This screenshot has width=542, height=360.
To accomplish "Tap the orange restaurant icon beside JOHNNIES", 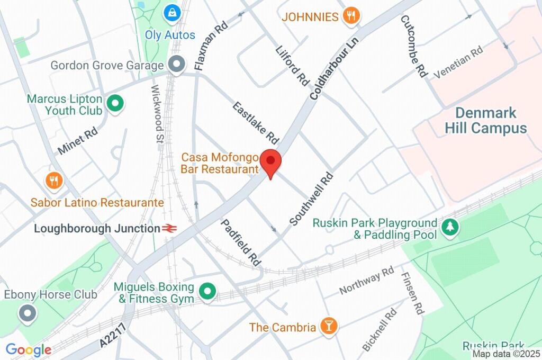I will [350, 16].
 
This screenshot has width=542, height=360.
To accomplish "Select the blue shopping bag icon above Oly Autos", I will [171, 12].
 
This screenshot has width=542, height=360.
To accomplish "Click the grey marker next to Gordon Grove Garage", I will [176, 65].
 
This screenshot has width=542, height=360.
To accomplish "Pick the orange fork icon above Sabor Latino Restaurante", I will [54, 181].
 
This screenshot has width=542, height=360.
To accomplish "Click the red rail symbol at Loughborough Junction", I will [169, 229].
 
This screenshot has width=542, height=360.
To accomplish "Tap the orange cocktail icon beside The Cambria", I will [328, 327].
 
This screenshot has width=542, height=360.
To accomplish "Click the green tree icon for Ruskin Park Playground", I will [450, 228].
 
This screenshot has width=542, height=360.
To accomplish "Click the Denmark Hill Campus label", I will [485, 121].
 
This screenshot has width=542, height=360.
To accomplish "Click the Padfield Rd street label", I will [241, 242].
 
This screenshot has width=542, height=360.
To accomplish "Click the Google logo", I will [29, 349].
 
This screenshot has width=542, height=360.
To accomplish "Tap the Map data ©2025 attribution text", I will [506, 354].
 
